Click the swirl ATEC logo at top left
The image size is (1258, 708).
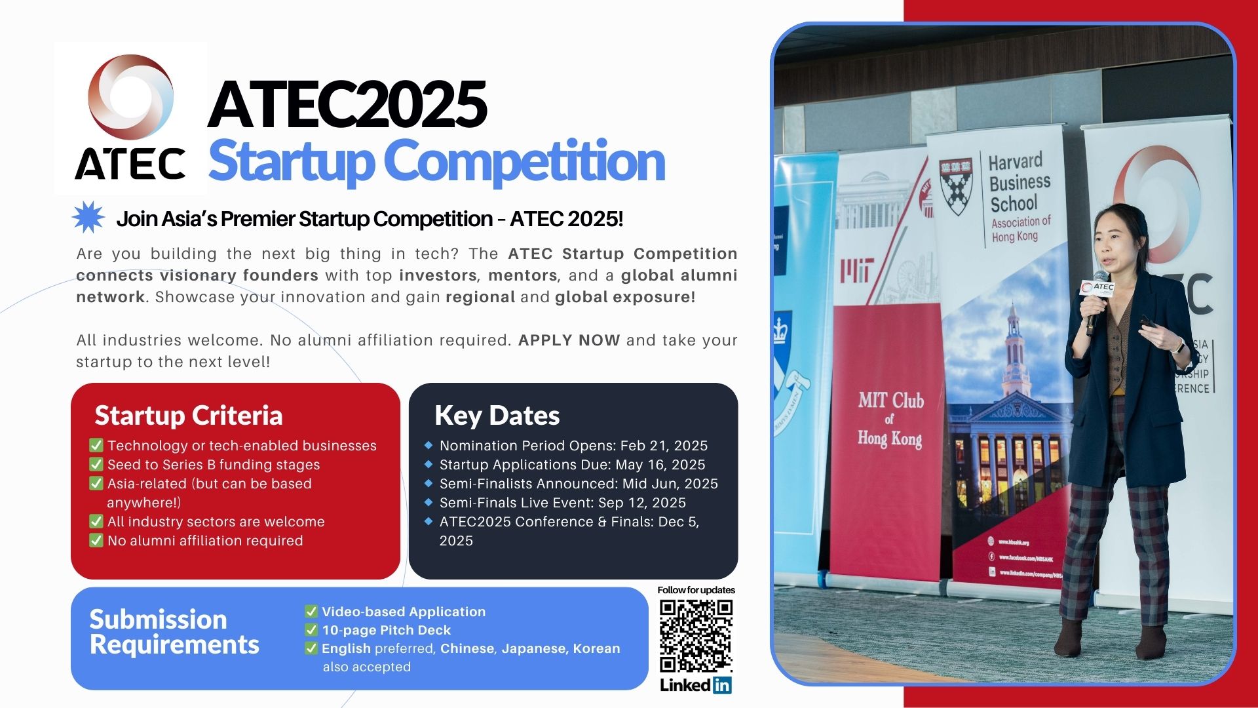coord(131,96)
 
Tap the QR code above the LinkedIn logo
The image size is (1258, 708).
coord(696,636)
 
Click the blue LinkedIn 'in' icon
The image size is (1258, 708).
coord(722,685)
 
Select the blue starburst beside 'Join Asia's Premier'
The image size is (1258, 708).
coord(88,218)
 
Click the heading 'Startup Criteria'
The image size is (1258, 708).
coord(189,416)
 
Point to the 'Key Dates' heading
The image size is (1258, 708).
coord(497,416)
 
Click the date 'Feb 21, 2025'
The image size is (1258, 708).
coord(664,446)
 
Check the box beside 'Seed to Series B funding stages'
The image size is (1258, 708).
coord(96,465)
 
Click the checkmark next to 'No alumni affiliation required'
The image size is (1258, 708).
coord(96,541)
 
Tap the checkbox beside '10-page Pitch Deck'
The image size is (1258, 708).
coord(311,630)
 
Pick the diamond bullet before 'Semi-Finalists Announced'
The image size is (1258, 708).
coord(429,483)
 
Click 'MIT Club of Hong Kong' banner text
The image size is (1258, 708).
coord(890,420)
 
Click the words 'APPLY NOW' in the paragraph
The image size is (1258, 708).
coord(569,340)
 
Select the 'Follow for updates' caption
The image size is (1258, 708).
coord(696,590)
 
